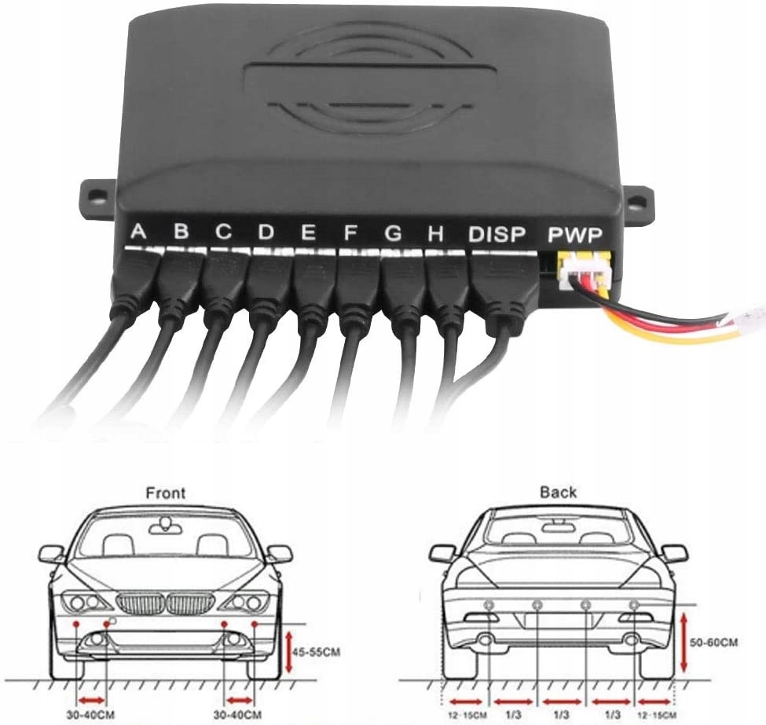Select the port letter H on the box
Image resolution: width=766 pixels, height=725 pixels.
[x=435, y=233]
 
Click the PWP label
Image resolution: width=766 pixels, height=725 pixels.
[x=575, y=235]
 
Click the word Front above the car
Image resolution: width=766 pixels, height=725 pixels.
[x=166, y=493]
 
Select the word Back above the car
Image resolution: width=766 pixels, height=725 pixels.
[x=558, y=492]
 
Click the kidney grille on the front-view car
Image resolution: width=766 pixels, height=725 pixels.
[x=165, y=604]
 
